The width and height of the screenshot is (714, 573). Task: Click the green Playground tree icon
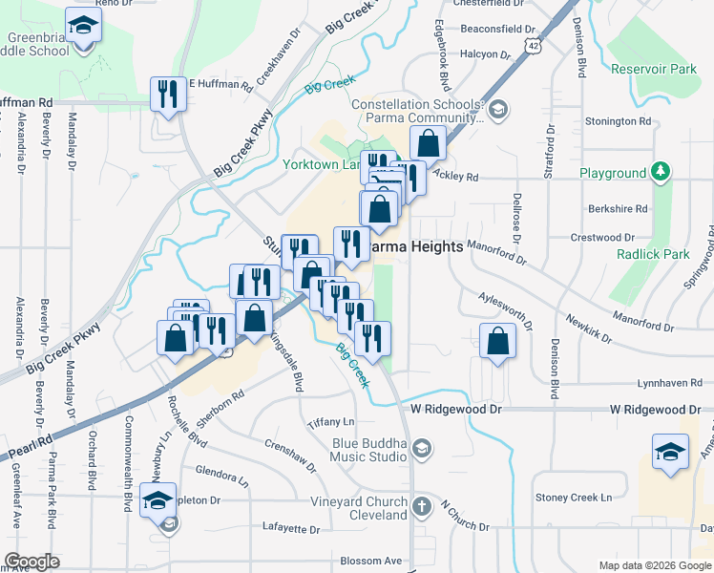660,173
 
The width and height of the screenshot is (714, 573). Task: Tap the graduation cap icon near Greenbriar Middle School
83,26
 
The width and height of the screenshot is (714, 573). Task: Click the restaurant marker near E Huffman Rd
168,93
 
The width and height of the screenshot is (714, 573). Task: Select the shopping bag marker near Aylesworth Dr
497,341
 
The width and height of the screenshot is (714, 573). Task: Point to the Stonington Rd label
618,121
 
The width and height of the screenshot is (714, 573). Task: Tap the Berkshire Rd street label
619,208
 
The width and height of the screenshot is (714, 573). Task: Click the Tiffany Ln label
331,422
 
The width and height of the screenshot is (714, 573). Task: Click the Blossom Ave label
372,561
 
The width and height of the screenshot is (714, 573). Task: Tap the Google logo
32,562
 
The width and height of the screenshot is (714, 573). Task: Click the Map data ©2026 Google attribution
654,565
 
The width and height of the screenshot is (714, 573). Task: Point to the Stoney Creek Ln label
573,498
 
